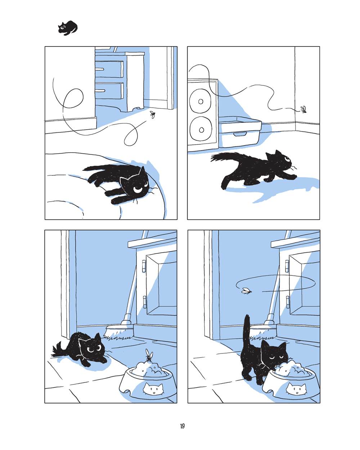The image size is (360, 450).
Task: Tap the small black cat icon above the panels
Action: (x=68, y=28)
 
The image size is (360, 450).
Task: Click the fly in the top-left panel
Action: (x=153, y=114)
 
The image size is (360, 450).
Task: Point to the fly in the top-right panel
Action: (x=303, y=109)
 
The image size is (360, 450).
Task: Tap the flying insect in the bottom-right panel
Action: (x=246, y=291)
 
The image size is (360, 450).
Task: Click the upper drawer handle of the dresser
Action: (x=100, y=69)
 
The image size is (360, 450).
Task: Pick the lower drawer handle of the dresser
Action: (x=100, y=91)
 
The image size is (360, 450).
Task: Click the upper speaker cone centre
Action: (x=201, y=102)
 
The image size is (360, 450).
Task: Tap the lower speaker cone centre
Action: (x=201, y=130)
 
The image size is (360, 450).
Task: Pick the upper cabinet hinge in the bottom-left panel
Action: (x=144, y=266)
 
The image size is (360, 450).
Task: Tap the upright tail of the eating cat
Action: (x=247, y=333)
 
